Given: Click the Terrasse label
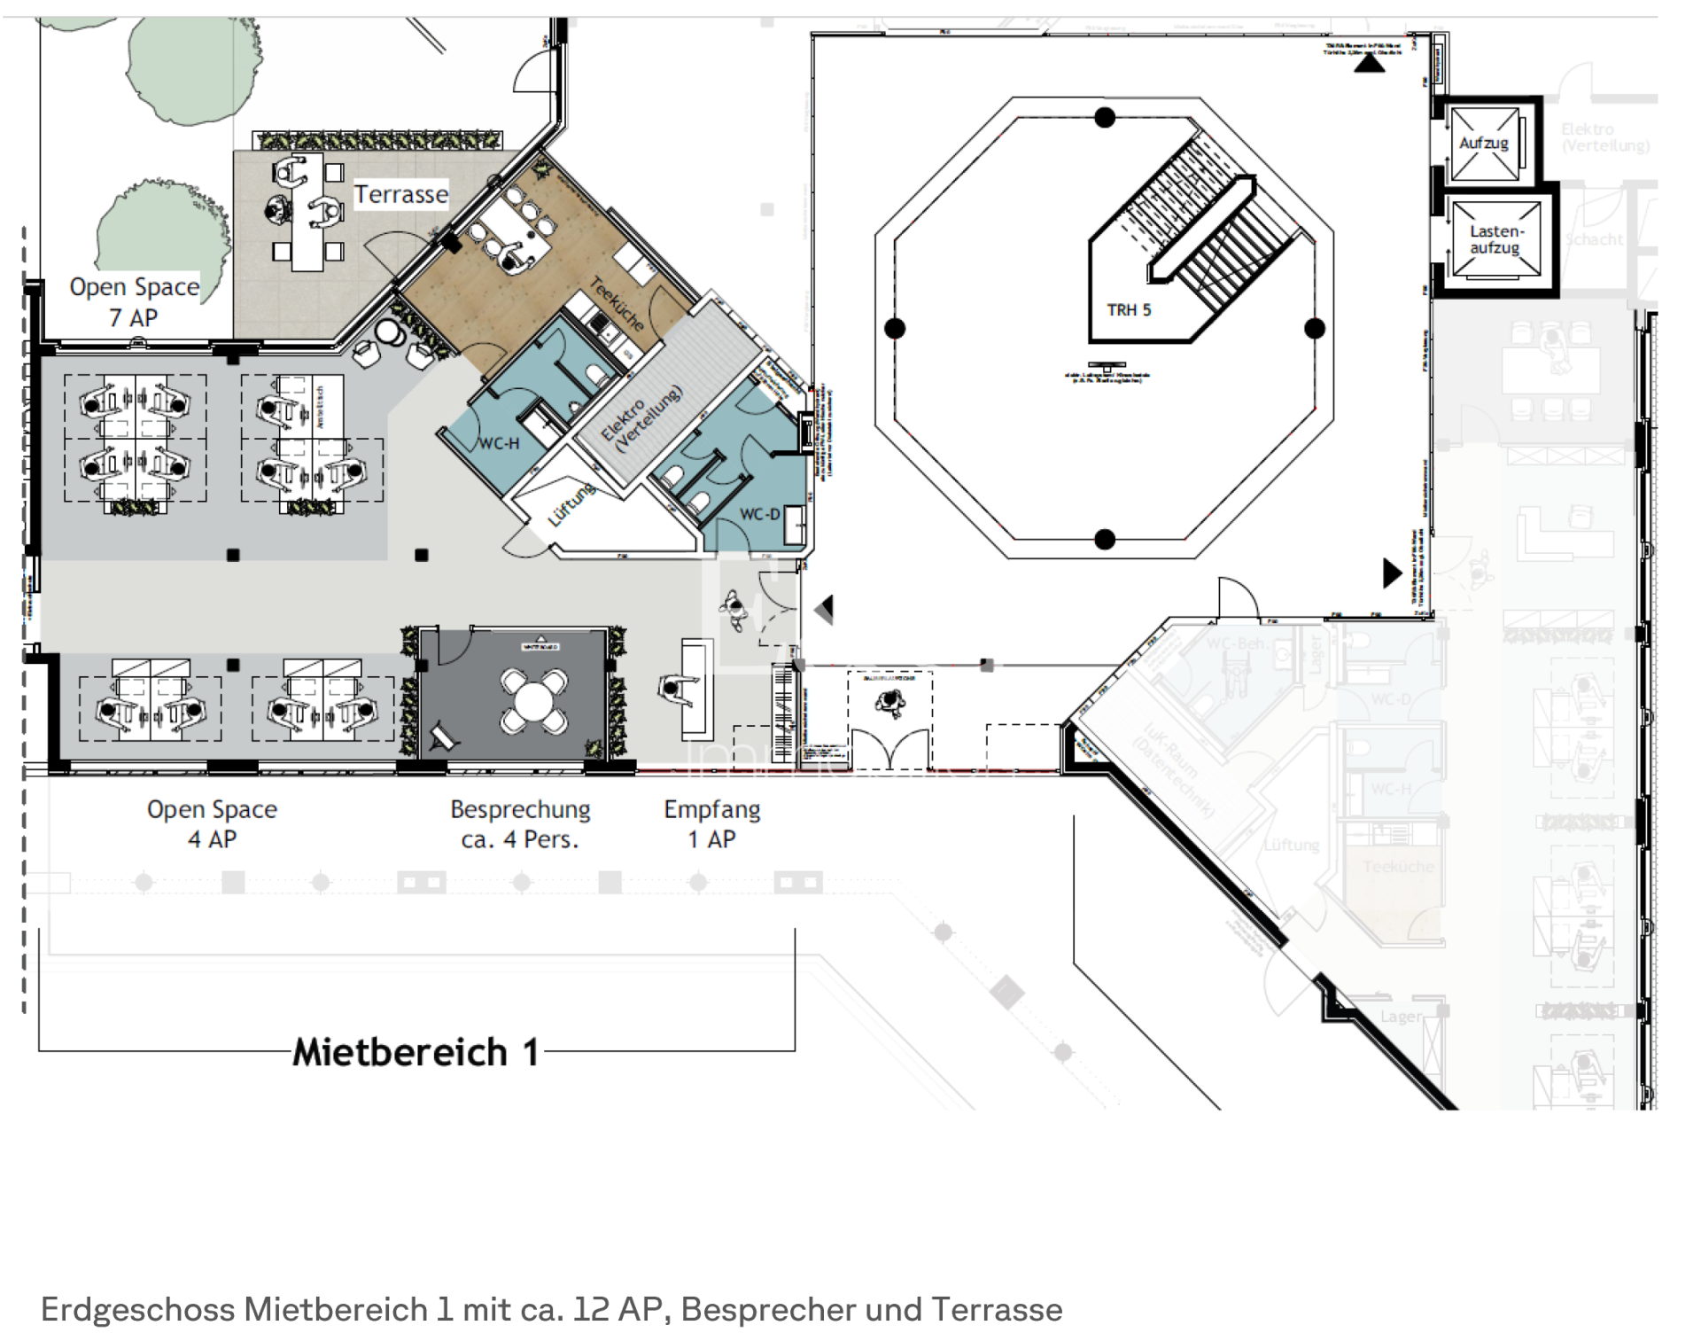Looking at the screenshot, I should tap(400, 194).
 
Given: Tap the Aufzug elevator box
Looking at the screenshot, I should tap(1485, 144).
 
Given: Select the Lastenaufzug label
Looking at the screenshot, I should tap(1495, 239).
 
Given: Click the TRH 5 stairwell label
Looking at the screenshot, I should tap(1129, 310).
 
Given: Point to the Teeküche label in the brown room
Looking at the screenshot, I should tap(617, 304).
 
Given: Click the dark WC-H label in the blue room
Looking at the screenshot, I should tap(499, 443).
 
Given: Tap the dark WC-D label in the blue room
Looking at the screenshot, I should tap(759, 514).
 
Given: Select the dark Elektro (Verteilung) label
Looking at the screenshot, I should tap(641, 420).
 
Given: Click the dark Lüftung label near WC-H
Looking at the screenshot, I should tap(571, 504).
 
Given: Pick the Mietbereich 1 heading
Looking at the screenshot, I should tap(416, 1053).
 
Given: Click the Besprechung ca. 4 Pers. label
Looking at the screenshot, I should tap(520, 824).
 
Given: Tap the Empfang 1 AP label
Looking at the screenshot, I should tap(711, 824).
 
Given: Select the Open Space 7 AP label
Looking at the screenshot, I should tap(134, 302).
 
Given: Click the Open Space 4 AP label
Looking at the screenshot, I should tap(212, 824).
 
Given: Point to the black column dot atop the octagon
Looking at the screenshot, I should tap(1105, 117).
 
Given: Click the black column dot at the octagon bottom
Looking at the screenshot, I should tap(1105, 539).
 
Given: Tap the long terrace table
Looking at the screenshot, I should tap(307, 213).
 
